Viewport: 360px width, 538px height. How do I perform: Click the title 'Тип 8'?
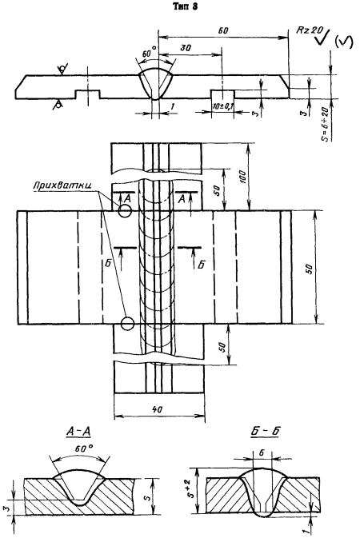186,6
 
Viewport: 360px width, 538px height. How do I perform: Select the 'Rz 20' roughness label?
309,30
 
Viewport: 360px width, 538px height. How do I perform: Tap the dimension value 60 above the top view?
223,30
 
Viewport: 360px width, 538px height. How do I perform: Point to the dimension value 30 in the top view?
186,48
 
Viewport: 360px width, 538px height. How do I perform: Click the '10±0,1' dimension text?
222,106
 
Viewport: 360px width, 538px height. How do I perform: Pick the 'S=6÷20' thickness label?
325,124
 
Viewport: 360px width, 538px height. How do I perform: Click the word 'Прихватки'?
62,185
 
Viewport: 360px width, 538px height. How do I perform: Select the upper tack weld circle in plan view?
125,211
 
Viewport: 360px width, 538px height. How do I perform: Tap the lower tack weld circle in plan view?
127,323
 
